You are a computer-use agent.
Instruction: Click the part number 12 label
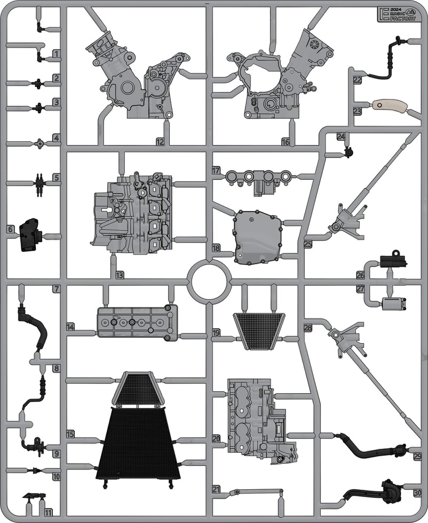pos(160,142)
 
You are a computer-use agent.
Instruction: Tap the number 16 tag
pos(286,142)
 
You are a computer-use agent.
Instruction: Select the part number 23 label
pos(357,111)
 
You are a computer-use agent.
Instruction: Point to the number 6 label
pos(11,229)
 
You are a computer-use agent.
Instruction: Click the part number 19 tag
pos(216,332)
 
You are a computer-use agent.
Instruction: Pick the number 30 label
pos(417,492)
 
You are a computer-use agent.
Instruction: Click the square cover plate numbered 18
pos(258,236)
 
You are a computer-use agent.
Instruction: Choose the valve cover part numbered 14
pos(137,323)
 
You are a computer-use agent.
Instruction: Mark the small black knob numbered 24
pos(349,152)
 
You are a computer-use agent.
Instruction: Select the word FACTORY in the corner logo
pos(403,19)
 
